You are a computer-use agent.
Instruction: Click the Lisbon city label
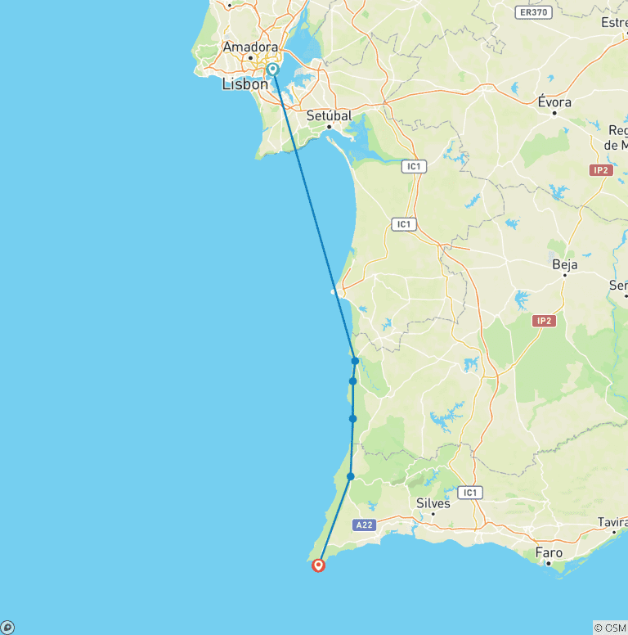(244, 84)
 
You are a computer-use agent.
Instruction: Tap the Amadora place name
(250, 47)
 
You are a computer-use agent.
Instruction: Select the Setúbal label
(329, 116)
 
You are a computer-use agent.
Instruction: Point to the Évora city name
(554, 102)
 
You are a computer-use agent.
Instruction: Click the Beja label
(565, 264)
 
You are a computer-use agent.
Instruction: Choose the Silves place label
(433, 503)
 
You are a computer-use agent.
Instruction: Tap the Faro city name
(549, 553)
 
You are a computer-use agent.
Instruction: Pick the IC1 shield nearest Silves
(469, 493)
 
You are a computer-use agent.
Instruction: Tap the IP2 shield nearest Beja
(544, 321)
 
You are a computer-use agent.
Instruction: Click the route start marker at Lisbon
(272, 70)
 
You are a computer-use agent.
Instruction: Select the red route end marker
(318, 565)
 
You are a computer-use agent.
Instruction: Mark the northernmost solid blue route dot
(355, 361)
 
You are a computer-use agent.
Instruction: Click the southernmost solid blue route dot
(350, 476)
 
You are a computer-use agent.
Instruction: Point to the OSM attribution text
(610, 628)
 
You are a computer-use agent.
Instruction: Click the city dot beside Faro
(549, 563)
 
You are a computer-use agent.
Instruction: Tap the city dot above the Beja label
(565, 275)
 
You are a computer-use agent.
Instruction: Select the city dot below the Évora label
(554, 113)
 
